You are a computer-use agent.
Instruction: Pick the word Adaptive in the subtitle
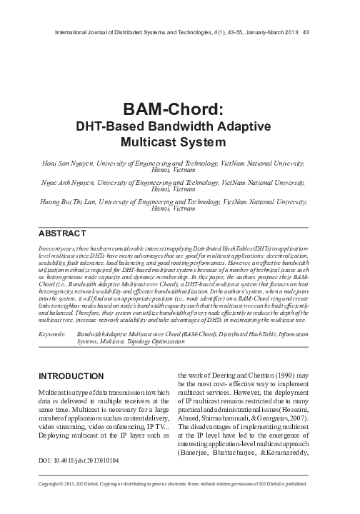pos(239,126)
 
